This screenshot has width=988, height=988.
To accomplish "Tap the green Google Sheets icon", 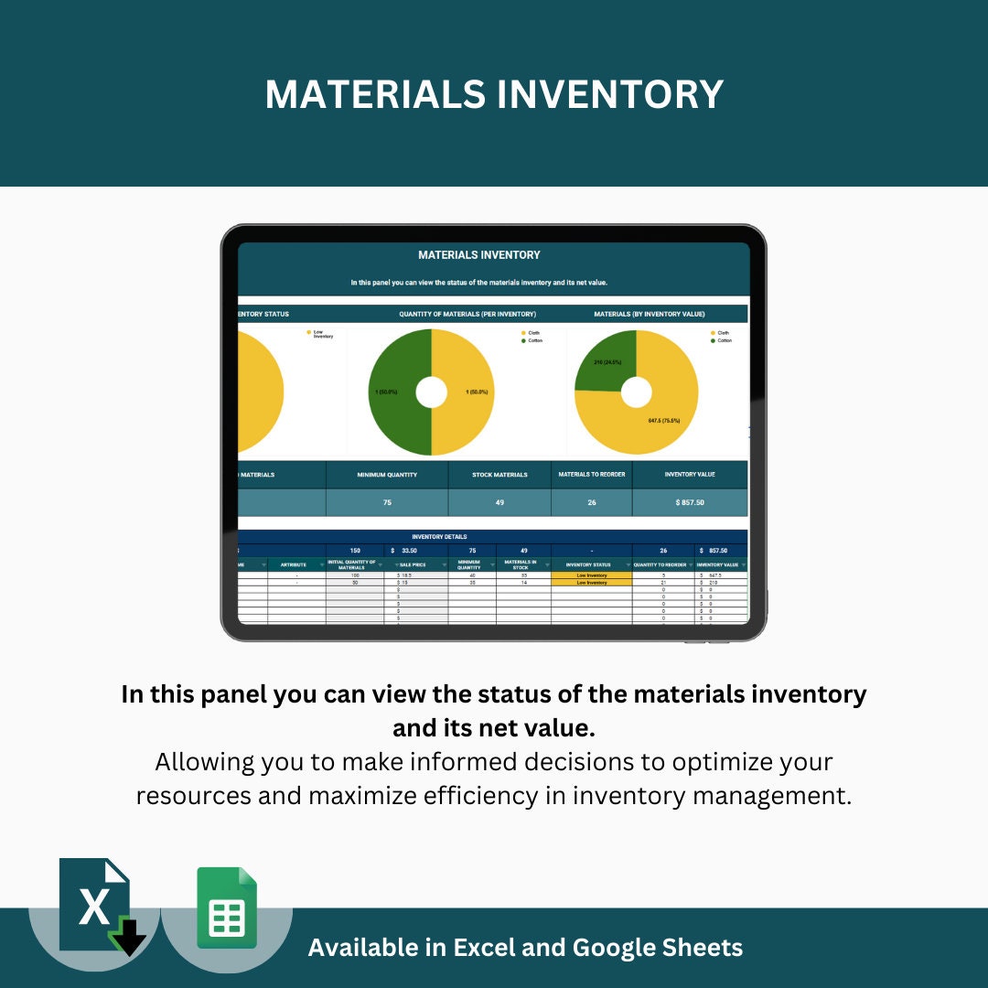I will click(x=227, y=907).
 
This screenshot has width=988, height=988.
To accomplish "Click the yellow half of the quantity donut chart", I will click(x=467, y=393).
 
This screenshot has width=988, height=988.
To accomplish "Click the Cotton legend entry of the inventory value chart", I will click(x=724, y=340).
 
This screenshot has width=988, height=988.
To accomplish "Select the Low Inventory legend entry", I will click(x=323, y=334).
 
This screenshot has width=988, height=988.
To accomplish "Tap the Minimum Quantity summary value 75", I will click(x=387, y=502).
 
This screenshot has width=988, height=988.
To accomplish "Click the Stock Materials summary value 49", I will click(x=499, y=502).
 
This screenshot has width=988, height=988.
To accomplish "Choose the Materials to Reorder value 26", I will click(x=591, y=502).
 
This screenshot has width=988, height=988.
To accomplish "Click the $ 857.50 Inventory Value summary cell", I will click(x=689, y=502).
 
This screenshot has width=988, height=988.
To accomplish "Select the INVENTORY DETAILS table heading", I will click(x=439, y=537).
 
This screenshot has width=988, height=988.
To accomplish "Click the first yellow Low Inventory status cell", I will click(x=591, y=575).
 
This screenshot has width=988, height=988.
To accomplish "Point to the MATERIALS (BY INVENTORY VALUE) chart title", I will click(x=649, y=314).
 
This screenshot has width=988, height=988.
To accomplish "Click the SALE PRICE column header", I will click(x=413, y=564).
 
